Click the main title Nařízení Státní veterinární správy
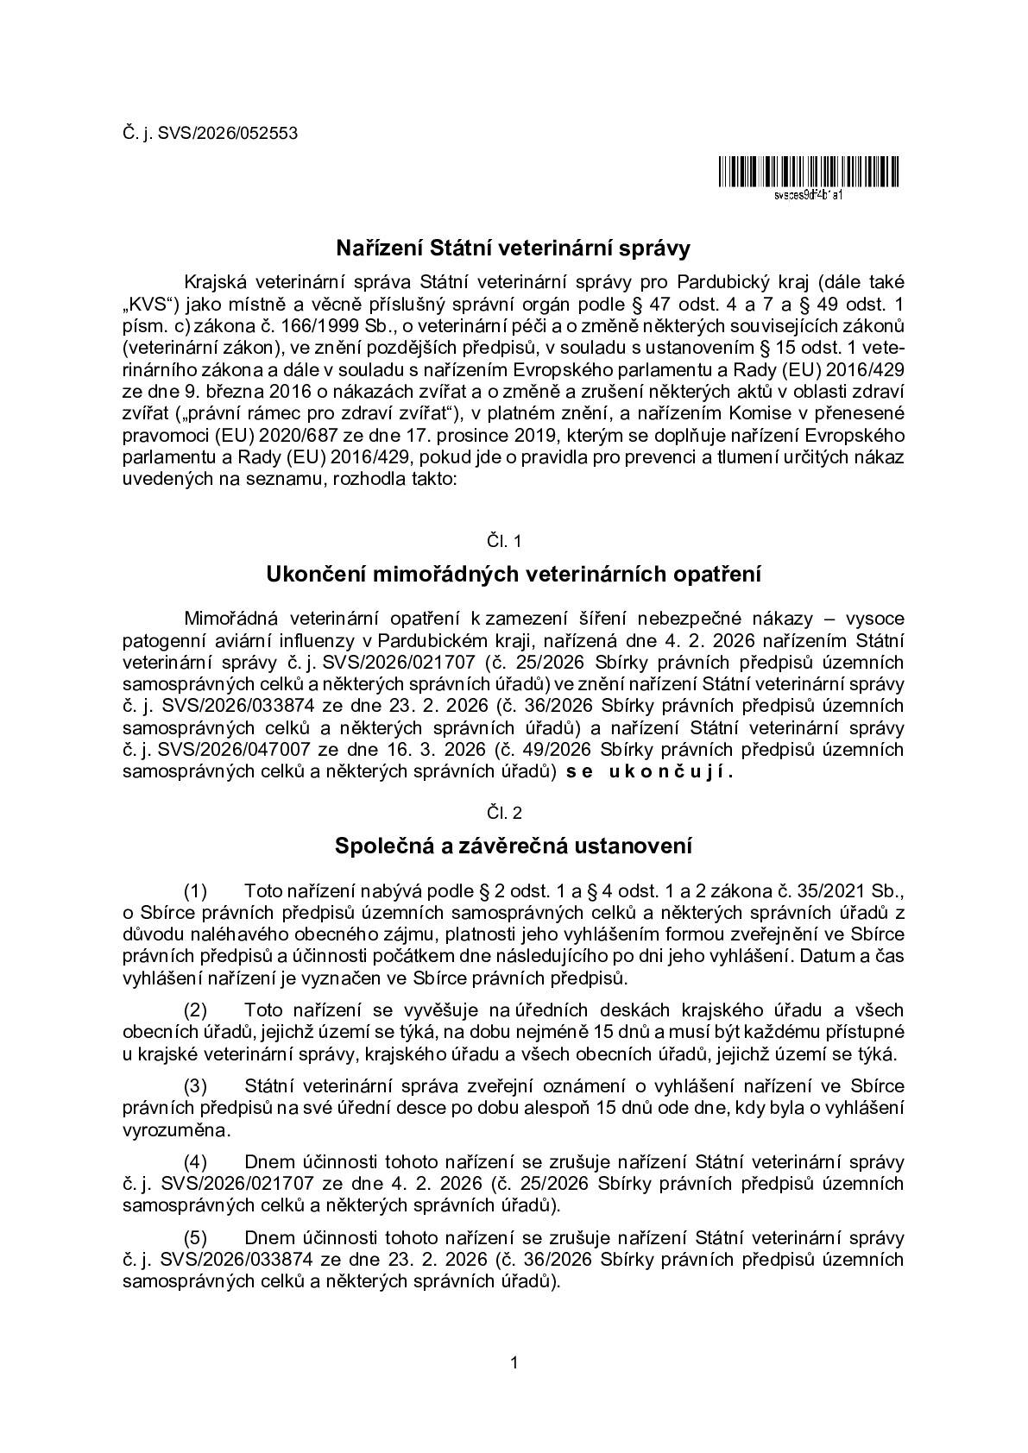click(514, 248)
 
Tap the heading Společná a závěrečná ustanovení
click(514, 846)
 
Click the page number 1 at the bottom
click(514, 1363)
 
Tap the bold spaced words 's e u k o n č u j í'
click(650, 772)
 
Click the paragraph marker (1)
click(196, 890)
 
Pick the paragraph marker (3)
click(196, 1085)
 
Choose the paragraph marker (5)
click(196, 1238)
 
